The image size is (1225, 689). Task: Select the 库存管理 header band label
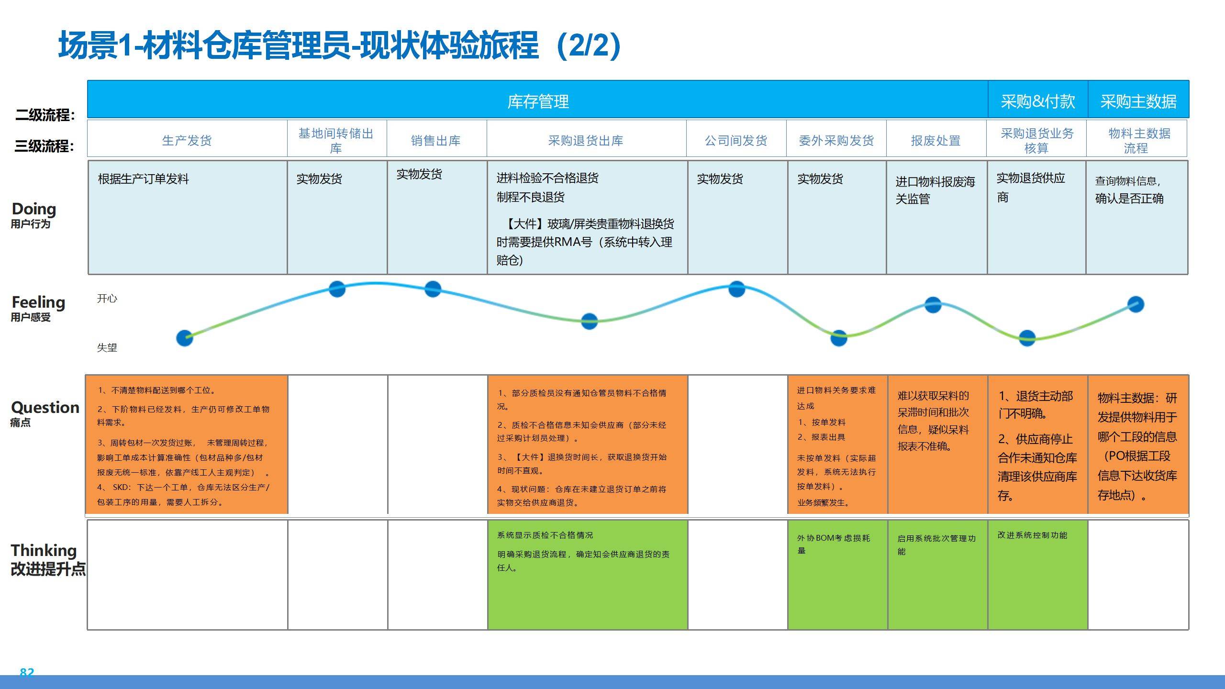click(x=538, y=101)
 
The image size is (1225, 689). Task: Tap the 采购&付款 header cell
click(x=1037, y=101)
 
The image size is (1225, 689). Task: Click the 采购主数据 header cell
click(x=1138, y=101)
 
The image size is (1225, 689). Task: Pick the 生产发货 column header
click(x=187, y=141)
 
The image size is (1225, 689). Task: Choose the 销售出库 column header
click(x=435, y=141)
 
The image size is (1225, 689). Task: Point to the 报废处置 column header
click(x=935, y=141)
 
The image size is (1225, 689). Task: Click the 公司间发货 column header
click(x=736, y=141)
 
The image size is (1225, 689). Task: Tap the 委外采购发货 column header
click(x=836, y=141)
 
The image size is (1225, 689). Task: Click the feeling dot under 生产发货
click(x=185, y=338)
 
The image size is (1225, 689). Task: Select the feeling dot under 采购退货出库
click(x=589, y=321)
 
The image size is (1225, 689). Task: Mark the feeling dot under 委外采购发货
click(x=838, y=338)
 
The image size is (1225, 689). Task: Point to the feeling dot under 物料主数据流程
click(x=1136, y=304)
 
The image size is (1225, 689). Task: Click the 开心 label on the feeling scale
click(x=107, y=299)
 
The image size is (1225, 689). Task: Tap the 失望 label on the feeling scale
click(x=107, y=348)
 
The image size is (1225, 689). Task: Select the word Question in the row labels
click(x=45, y=407)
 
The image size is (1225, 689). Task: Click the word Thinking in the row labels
click(x=44, y=550)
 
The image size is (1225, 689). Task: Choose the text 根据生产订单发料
click(x=143, y=179)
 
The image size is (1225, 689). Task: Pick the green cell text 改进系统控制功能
click(x=1032, y=535)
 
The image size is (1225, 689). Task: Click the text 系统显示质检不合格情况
click(x=545, y=535)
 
